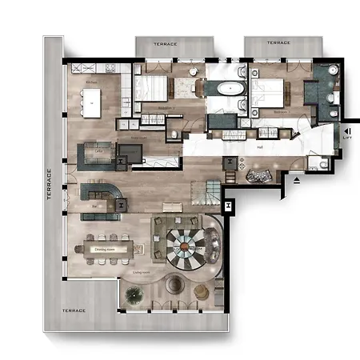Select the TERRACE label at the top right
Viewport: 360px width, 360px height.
coord(278,42)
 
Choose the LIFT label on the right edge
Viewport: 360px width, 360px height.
coord(346,137)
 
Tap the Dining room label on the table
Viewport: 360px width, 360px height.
coord(106,250)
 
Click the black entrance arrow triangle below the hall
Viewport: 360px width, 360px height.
coord(298,181)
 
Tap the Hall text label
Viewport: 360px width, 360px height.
coord(259,146)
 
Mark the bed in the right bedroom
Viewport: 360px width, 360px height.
coord(270,90)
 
